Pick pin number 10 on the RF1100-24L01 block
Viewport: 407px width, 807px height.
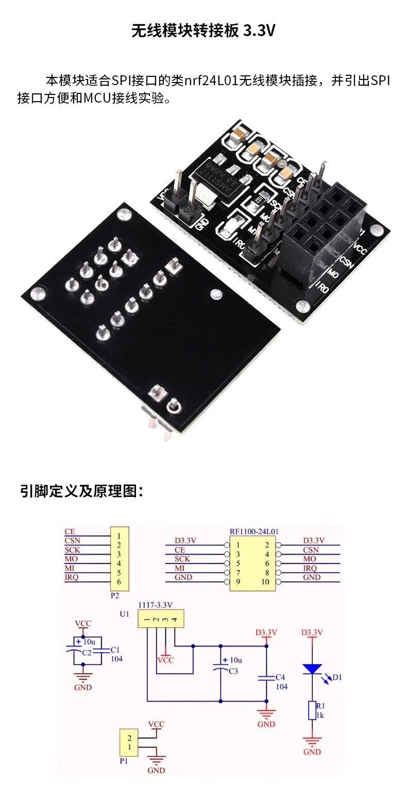point(265,582)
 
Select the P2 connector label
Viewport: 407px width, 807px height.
point(115,595)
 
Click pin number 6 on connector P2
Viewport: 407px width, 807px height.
point(118,582)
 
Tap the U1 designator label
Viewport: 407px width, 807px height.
point(124,614)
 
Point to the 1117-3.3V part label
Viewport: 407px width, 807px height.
point(155,605)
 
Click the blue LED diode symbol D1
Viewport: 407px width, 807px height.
point(312,669)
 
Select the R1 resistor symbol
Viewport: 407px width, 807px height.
point(312,710)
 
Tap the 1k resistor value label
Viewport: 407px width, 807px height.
point(320,715)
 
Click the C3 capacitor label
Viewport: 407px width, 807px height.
point(233,671)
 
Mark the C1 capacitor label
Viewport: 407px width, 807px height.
point(115,650)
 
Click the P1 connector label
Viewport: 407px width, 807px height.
point(124,760)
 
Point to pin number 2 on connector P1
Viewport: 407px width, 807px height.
point(130,738)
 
